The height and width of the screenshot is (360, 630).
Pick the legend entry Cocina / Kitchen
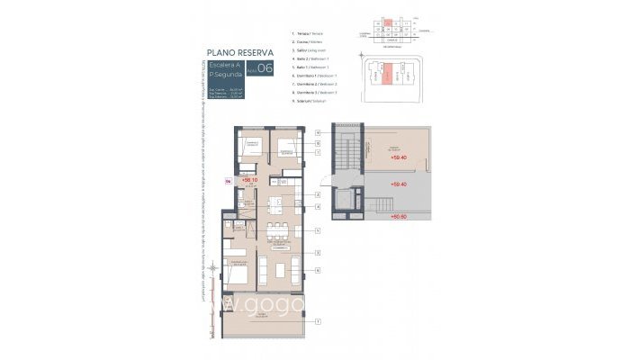(x=308, y=41)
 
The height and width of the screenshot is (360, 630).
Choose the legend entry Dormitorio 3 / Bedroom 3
(x=316, y=93)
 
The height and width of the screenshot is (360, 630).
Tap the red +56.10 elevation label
(x=249, y=180)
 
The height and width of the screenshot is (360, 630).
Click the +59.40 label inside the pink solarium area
(x=399, y=158)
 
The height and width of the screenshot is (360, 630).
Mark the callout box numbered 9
(x=318, y=133)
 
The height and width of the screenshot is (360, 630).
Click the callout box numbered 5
(x=318, y=230)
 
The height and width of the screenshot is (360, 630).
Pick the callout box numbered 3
(x=318, y=254)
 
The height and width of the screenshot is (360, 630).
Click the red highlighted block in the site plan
(x=385, y=75)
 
